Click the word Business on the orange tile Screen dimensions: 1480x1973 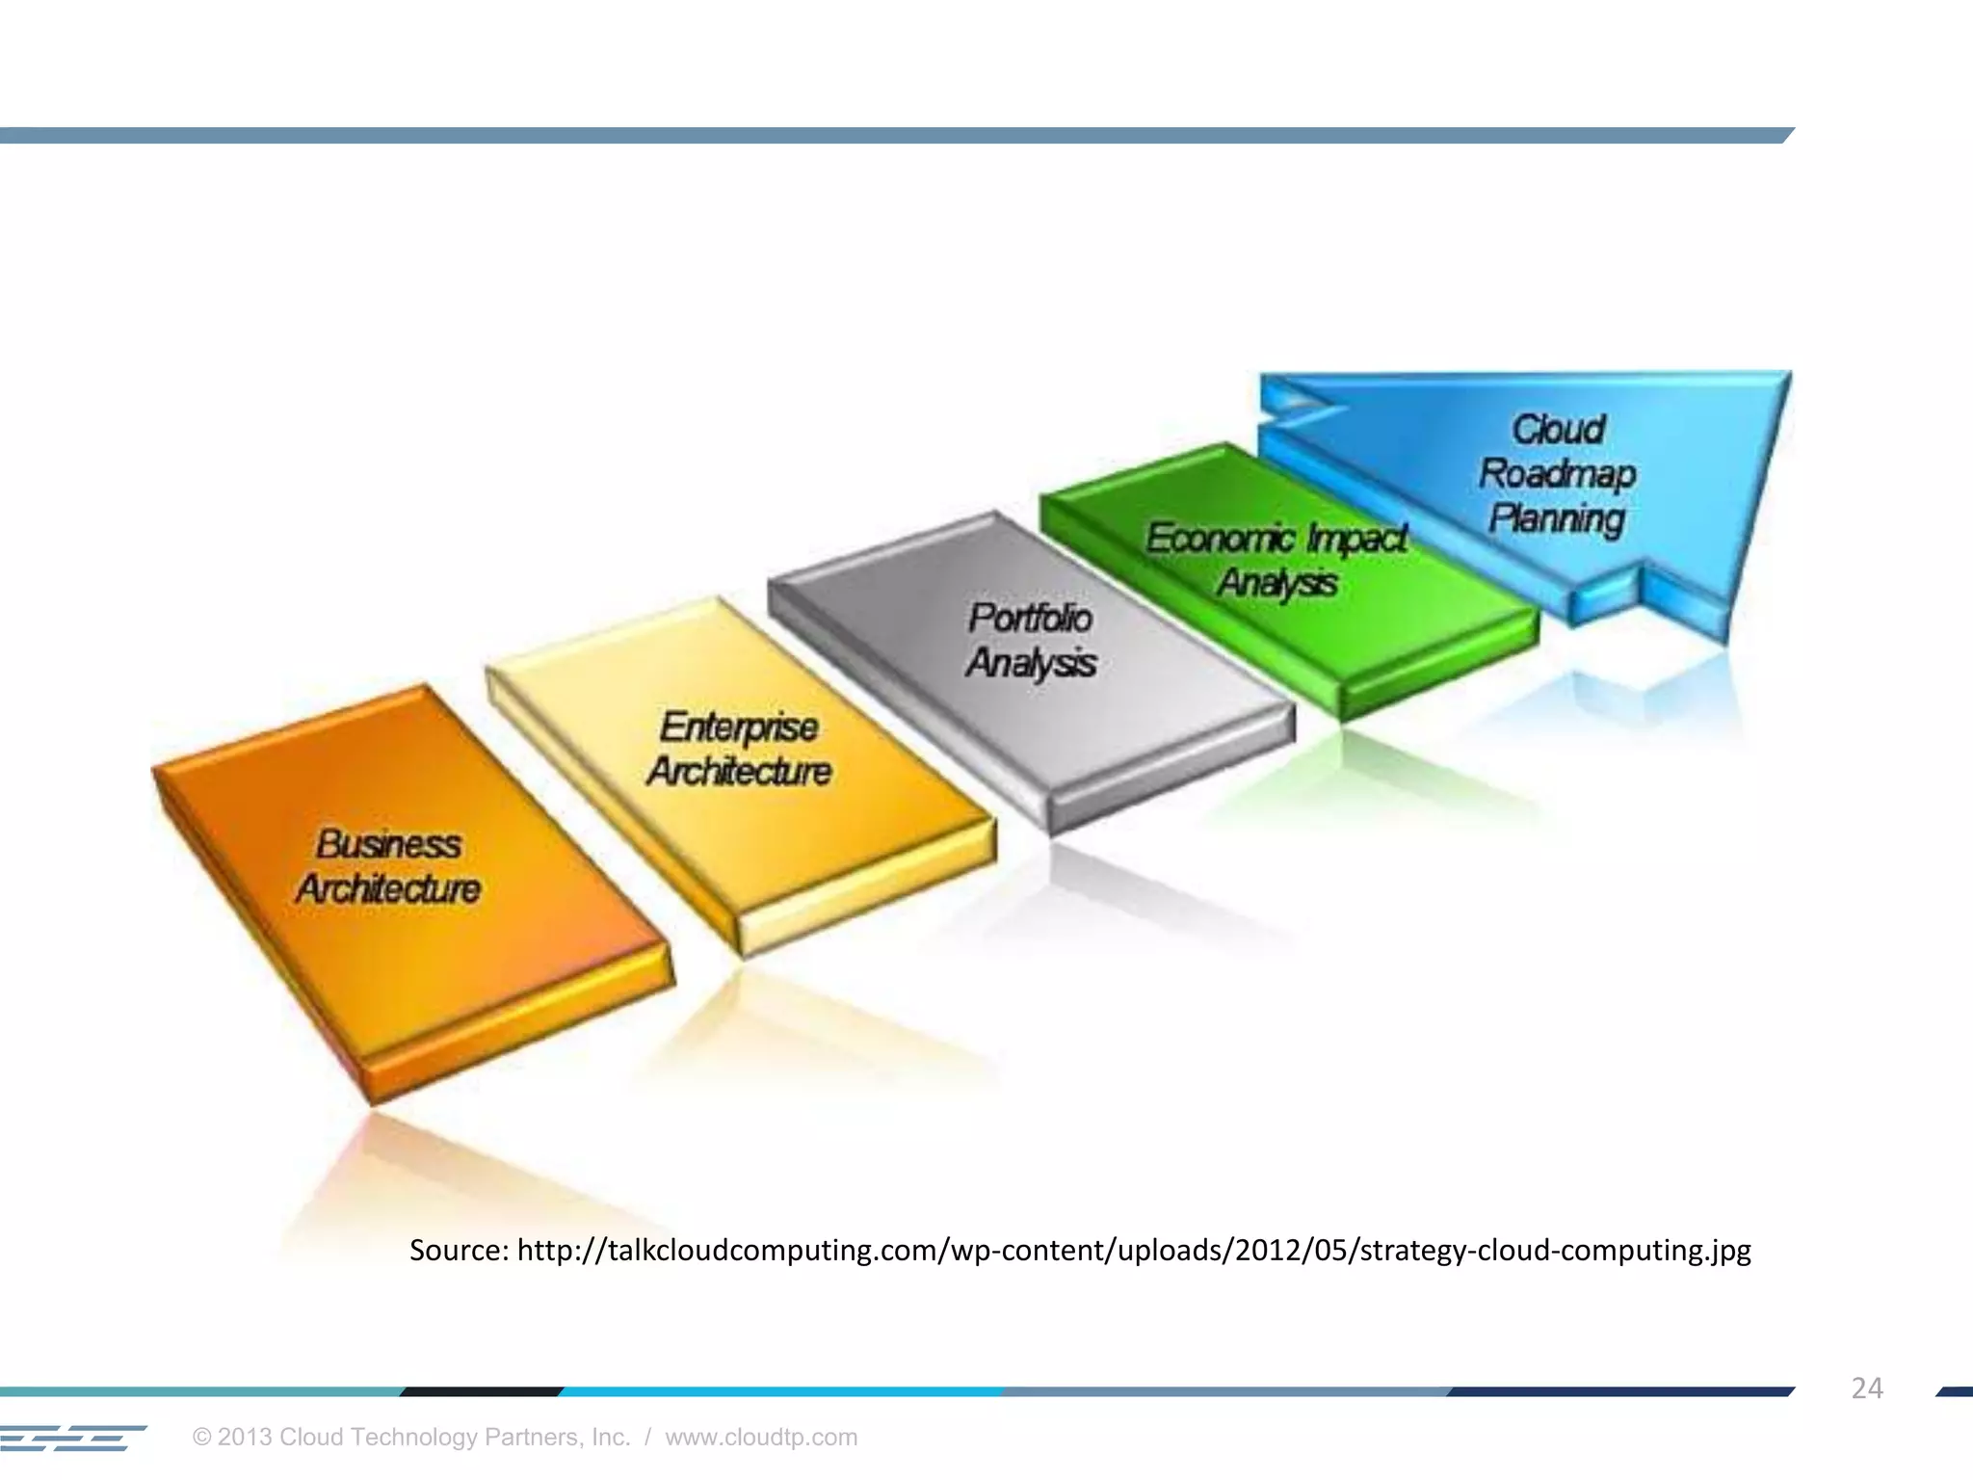tap(388, 844)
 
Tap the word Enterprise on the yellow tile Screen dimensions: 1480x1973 tap(739, 727)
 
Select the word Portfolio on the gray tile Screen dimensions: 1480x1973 tap(1030, 618)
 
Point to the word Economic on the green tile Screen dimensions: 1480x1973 tap(1220, 538)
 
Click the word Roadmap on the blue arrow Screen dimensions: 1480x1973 tap(1557, 473)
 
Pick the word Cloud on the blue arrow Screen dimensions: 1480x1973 tap(1558, 429)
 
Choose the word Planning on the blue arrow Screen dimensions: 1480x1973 tap(1557, 518)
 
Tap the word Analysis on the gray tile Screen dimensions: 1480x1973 tap(1031, 663)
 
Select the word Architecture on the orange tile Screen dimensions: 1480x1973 tap(388, 888)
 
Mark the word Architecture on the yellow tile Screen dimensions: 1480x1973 tap(739, 771)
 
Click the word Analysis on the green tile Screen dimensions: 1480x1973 tap(1277, 583)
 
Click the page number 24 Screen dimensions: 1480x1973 tap(1866, 1387)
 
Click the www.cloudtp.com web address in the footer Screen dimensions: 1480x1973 tap(761, 1437)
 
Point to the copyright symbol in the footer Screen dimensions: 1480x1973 tap(201, 1438)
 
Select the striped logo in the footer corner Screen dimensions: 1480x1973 tap(72, 1438)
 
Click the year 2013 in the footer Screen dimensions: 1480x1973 tap(246, 1437)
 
